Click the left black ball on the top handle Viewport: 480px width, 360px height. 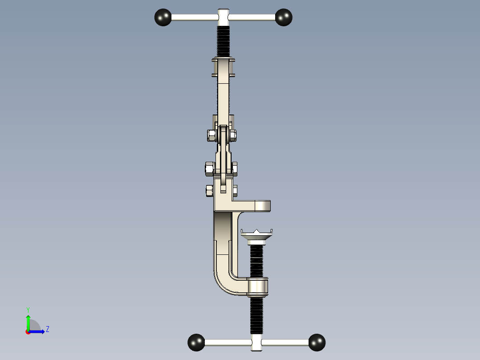[163, 17]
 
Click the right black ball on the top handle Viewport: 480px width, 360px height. [284, 17]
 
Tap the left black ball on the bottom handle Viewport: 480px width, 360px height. [196, 342]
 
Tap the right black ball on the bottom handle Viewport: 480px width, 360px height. [317, 342]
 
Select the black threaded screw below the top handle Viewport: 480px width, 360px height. [224, 41]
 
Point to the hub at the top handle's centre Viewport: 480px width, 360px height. [224, 17]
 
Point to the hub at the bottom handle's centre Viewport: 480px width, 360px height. [256, 342]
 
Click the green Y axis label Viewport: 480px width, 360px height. [28, 309]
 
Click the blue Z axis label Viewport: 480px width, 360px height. [48, 329]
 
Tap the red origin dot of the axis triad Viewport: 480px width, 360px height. [28, 332]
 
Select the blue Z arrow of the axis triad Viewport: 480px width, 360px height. [38, 331]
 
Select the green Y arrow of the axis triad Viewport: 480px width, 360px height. [28, 322]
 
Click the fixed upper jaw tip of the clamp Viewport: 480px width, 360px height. [263, 206]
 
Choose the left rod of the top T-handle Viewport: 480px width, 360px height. [194, 17]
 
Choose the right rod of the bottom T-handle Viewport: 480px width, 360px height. [285, 342]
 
